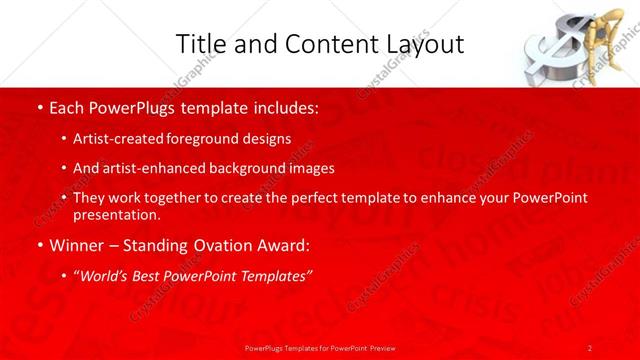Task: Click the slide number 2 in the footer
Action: coord(590,347)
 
